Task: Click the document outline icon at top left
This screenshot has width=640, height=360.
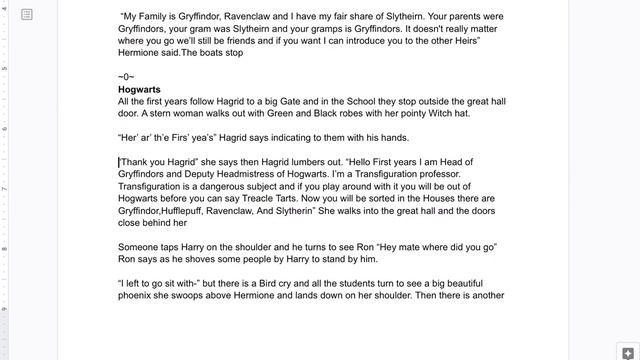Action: coord(27,14)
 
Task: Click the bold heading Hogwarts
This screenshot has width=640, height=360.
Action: coord(140,89)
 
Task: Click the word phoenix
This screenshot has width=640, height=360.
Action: coord(142,295)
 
